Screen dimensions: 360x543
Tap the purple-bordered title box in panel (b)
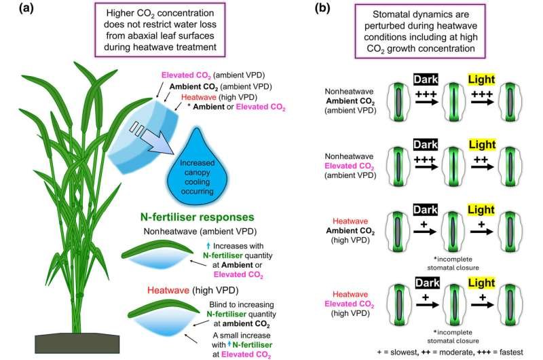coord(432,30)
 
